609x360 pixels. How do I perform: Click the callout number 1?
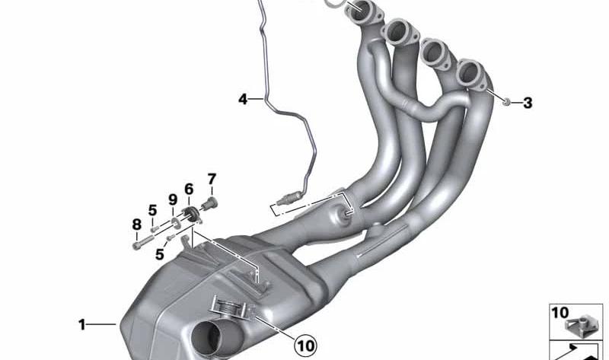click(81, 324)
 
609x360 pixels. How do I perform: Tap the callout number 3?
click(527, 103)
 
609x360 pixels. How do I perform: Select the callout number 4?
click(243, 100)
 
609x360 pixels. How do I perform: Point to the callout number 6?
click(189, 189)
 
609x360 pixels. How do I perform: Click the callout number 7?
click(212, 179)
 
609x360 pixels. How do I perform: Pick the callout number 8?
click(136, 224)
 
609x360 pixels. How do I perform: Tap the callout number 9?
click(173, 199)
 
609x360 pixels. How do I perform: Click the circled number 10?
click(306, 345)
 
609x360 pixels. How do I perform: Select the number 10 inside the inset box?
click(560, 313)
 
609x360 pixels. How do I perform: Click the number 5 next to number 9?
click(153, 210)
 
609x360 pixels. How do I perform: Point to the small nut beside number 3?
click(506, 103)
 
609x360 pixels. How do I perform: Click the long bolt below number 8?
click(142, 243)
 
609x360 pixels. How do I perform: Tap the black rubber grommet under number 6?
click(191, 214)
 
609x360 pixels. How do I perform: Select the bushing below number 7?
click(210, 203)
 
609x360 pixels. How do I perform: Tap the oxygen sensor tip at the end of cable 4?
click(287, 199)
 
